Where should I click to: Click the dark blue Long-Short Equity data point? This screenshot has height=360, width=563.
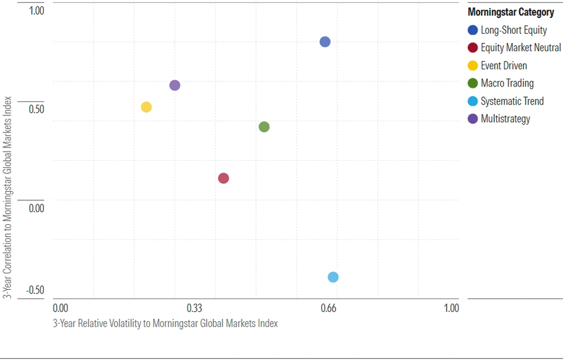coord(325,42)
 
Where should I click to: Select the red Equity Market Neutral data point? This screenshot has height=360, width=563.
coord(223,178)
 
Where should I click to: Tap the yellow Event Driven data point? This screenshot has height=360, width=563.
coord(146,107)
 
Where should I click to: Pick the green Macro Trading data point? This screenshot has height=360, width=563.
coord(264,127)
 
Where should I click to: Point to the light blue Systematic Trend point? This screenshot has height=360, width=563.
coord(333,277)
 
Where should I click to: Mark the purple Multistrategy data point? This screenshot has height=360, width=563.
coord(174,85)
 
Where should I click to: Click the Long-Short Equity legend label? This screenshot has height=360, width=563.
coord(513,30)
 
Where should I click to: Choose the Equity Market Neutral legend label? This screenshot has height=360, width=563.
coord(521,48)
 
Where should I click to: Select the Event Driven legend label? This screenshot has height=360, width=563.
coord(503,66)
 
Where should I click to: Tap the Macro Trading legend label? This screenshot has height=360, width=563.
coord(507,83)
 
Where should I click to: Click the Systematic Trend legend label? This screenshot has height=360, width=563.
coord(512,101)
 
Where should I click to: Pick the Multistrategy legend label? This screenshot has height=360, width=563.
coord(505,119)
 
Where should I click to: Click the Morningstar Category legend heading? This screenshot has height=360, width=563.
coord(511,12)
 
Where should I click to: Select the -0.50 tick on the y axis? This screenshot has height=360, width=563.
coord(34,290)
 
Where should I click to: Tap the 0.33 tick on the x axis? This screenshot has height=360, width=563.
coord(194,308)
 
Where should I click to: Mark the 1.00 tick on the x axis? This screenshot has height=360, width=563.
coord(451,308)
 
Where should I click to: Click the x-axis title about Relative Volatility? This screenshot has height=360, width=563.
coord(165,323)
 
